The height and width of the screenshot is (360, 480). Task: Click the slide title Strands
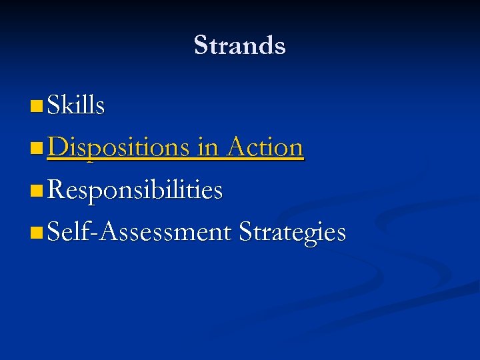[239, 45]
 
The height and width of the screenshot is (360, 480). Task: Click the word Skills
[76, 105]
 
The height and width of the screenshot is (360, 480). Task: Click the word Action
[265, 147]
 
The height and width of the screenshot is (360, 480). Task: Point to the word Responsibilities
[135, 190]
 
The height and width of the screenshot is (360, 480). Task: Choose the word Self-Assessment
[139, 232]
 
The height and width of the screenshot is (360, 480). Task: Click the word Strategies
[292, 233]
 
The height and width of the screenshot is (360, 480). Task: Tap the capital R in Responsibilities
[57, 190]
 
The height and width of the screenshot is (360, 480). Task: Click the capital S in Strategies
[245, 232]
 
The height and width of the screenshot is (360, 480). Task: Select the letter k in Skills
[69, 105]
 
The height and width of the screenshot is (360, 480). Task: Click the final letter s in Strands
[281, 47]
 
